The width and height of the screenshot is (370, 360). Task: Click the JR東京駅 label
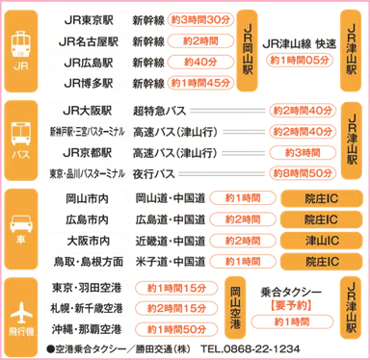[87, 19]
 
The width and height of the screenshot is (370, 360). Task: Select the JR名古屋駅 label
[87, 41]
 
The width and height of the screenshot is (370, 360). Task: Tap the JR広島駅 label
[87, 63]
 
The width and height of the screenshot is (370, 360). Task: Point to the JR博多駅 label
[87, 84]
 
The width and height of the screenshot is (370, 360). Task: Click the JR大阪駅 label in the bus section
[87, 110]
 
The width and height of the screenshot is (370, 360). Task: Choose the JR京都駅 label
[87, 152]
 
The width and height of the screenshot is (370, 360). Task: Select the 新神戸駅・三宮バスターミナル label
[87, 131]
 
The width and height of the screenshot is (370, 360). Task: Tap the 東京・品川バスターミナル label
[87, 173]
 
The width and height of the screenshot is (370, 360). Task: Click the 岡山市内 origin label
[87, 199]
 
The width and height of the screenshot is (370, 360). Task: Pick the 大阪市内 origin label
[87, 241]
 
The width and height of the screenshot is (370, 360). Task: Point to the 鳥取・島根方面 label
[87, 262]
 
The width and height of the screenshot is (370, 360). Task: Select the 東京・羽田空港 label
[87, 289]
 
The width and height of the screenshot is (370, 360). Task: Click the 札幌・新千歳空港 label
[87, 309]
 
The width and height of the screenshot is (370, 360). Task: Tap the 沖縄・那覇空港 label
[87, 330]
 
